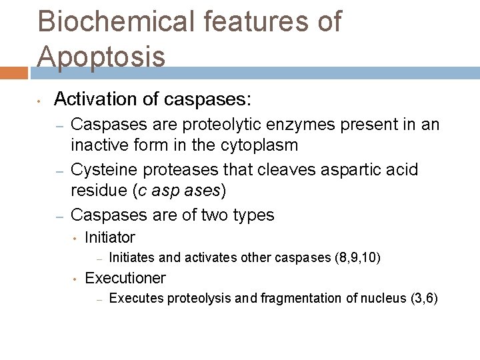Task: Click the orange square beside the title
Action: point(13,73)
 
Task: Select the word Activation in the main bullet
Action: point(94,100)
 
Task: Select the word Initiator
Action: point(110,237)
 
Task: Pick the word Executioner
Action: point(125,278)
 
